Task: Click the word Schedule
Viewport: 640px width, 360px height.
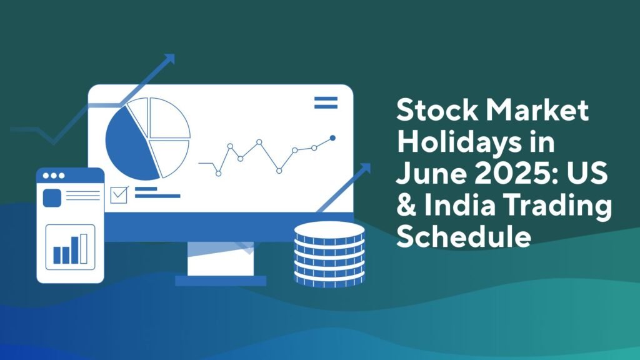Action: click(464, 236)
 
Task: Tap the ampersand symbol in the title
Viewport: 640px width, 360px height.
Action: click(406, 204)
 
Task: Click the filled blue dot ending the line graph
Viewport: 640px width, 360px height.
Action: click(332, 138)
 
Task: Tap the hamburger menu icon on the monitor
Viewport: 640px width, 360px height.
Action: click(326, 102)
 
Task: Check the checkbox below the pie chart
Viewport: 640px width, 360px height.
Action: click(119, 195)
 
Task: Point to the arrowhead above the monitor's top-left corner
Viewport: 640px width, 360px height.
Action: click(169, 59)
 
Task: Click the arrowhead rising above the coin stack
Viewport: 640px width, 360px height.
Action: click(364, 169)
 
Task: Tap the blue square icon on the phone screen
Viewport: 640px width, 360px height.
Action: click(52, 198)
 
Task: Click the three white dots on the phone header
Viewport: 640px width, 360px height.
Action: click(54, 176)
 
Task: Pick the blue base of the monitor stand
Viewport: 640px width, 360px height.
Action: click(221, 281)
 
